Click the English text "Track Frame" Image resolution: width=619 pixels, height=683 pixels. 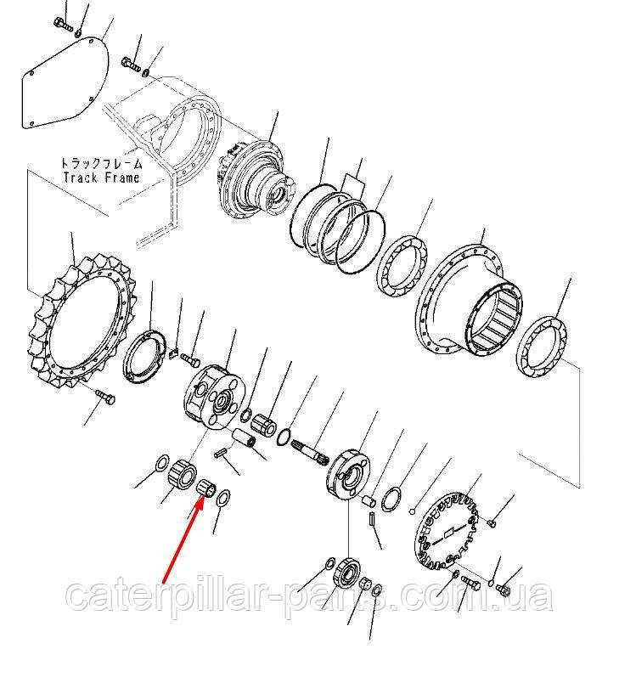(x=101, y=178)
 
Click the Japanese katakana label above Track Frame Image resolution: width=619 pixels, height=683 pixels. (x=101, y=163)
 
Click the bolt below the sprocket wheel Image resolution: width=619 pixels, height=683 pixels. (x=105, y=397)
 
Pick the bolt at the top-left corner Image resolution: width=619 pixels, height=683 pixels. (x=64, y=24)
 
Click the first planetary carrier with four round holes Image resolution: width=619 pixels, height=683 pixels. (x=214, y=397)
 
